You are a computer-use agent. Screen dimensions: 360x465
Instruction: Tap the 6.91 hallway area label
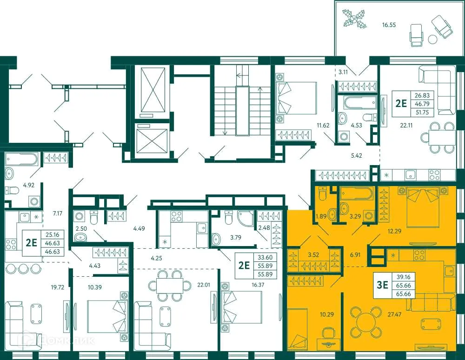(355, 255)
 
